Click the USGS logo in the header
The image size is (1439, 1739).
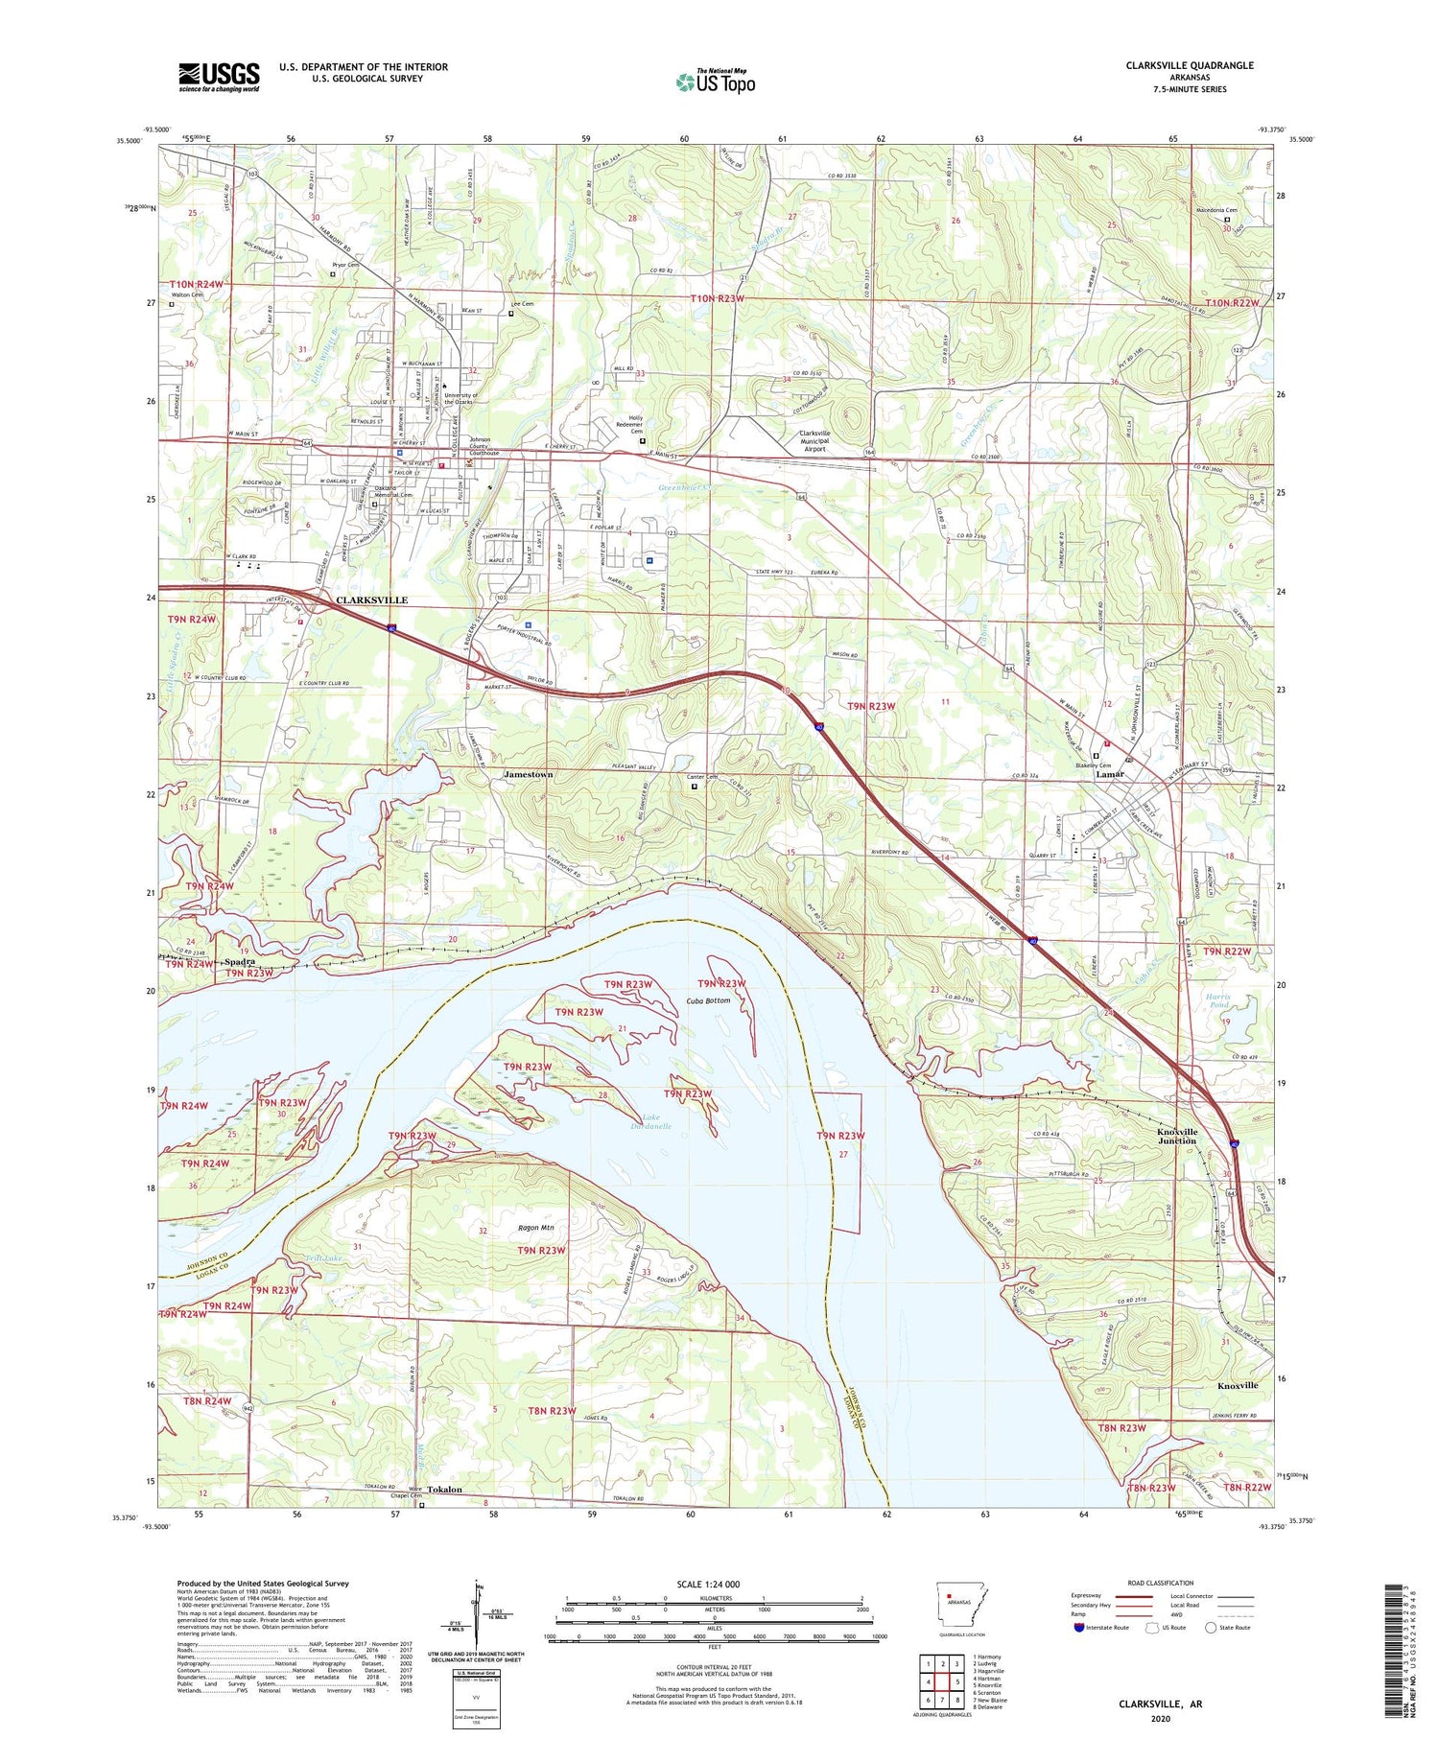tap(219, 77)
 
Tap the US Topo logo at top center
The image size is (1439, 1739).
tap(716, 82)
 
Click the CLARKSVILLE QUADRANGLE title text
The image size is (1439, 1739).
tap(1190, 65)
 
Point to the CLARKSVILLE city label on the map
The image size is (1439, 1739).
tap(371, 599)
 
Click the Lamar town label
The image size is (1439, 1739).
tap(1110, 774)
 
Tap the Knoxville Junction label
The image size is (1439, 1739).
tap(1176, 1136)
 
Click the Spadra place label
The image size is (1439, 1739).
tap(240, 961)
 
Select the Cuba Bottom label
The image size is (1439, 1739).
tap(709, 1000)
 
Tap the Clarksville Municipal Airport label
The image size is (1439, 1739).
tap(814, 440)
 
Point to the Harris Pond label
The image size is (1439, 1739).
tap(1218, 1000)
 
